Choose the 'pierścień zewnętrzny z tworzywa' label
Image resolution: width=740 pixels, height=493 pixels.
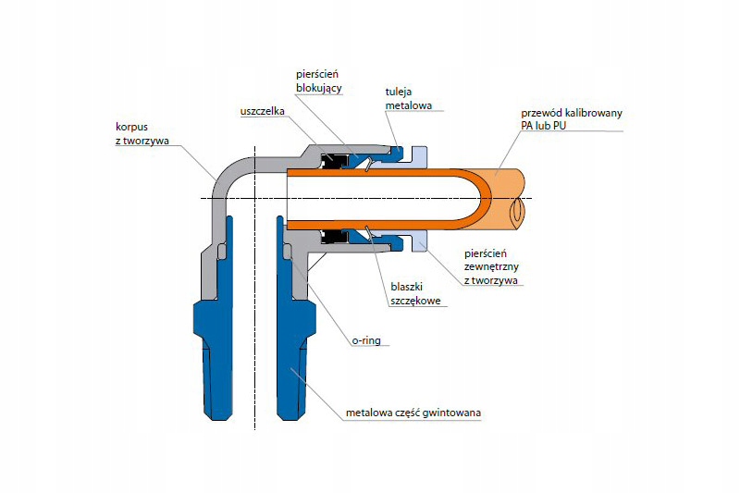pyautogui.click(x=489, y=265)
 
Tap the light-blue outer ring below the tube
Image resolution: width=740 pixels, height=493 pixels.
pyautogui.click(x=416, y=242)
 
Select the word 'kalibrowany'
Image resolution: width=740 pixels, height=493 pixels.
pyautogui.click(x=592, y=113)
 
